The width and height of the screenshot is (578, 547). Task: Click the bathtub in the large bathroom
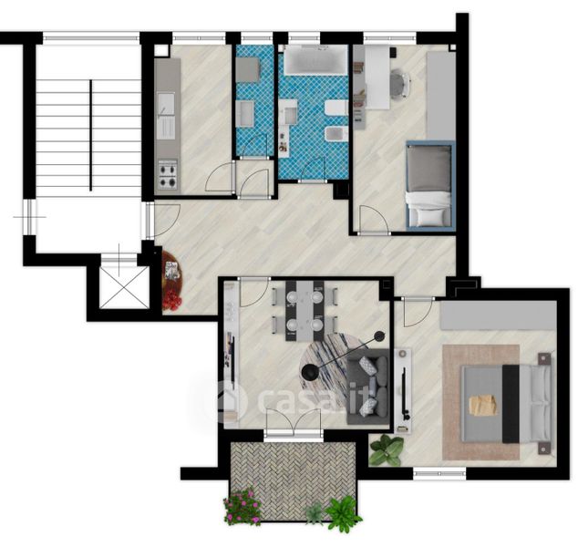[315, 59]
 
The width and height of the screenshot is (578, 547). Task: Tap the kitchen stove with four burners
[168, 174]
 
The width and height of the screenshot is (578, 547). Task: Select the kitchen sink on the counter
[166, 115]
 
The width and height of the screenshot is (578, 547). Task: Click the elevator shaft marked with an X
[124, 287]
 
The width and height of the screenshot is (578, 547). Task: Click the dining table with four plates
[304, 310]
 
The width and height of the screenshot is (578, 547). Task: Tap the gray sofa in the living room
[368, 387]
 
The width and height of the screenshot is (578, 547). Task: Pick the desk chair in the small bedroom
[400, 84]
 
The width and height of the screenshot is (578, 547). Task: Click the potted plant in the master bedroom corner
[387, 449]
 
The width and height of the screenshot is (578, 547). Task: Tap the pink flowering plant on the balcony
[243, 507]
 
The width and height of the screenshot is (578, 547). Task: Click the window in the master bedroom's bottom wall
[439, 473]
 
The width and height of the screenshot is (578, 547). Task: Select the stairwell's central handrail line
[90, 136]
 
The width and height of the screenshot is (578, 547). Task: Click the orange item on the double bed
[483, 405]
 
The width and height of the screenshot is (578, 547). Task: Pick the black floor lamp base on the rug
[308, 372]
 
